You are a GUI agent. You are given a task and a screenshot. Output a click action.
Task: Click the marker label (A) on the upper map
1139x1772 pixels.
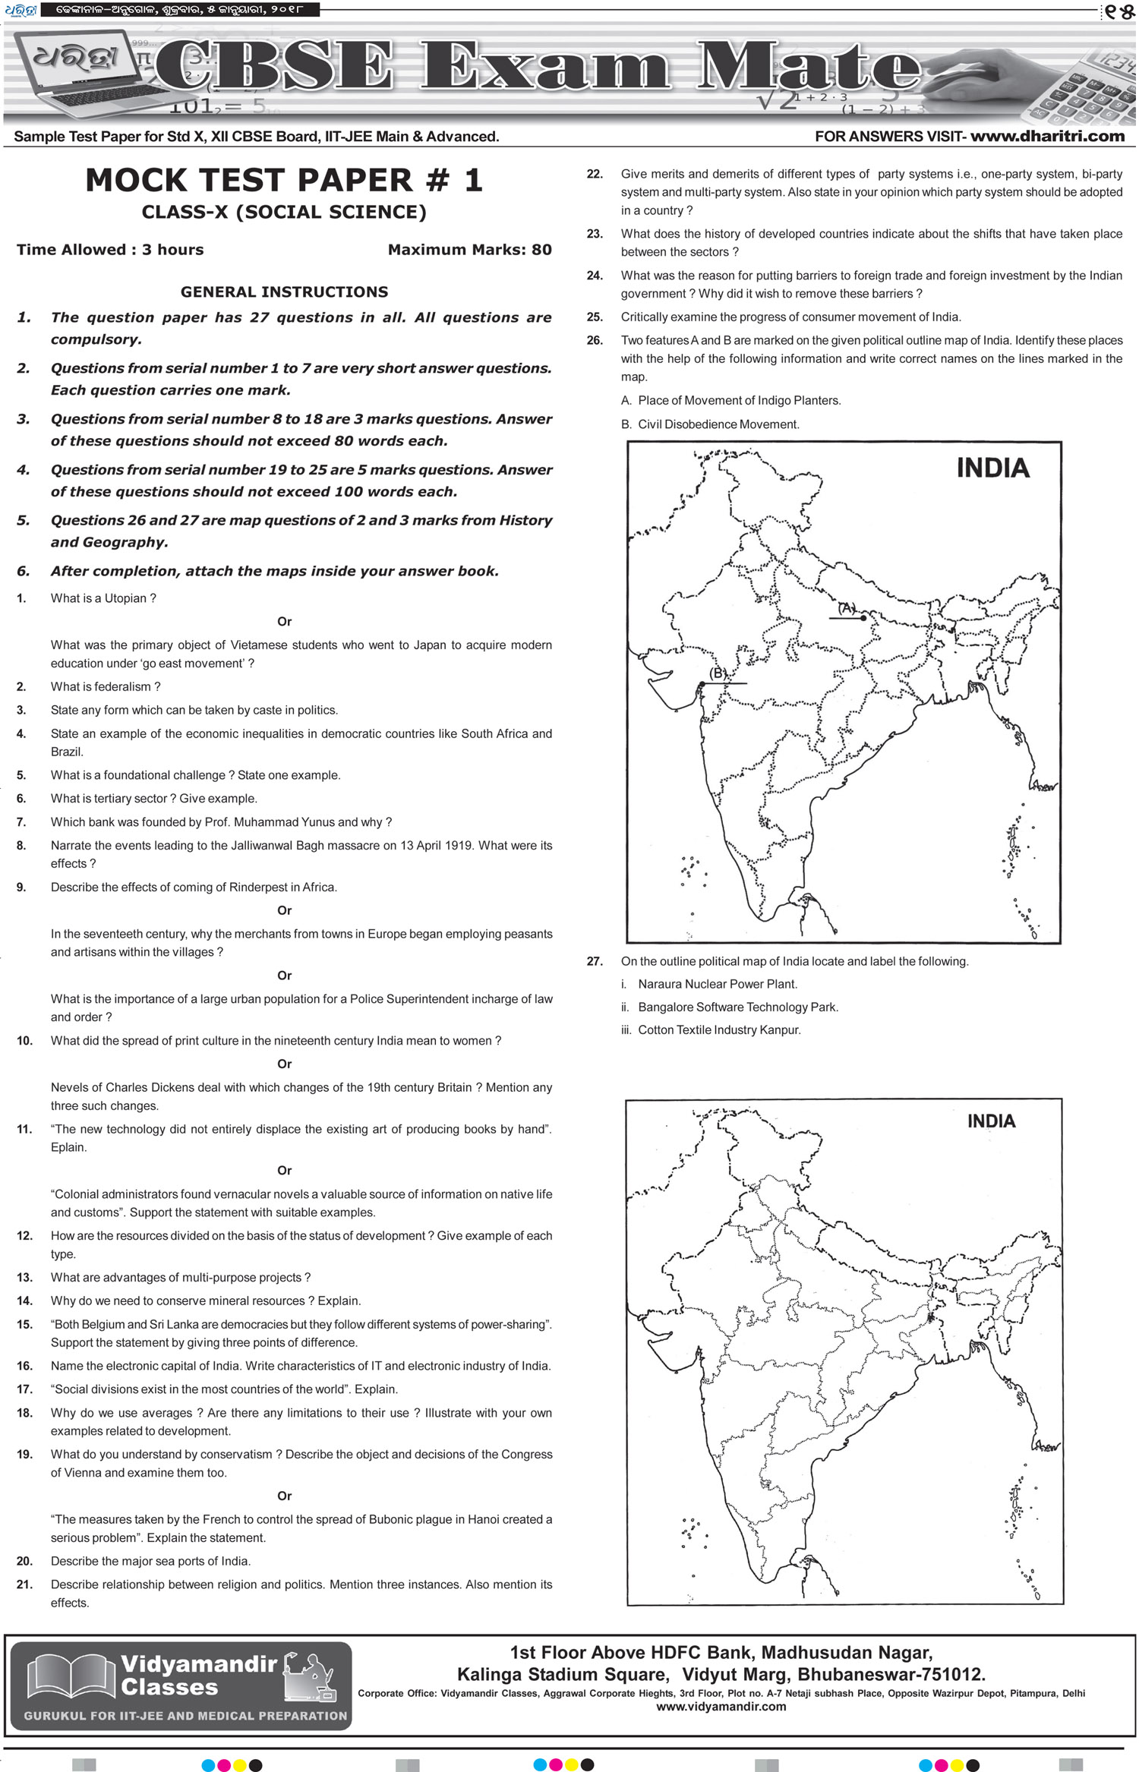click(x=847, y=608)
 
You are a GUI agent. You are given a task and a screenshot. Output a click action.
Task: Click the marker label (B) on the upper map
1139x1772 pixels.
click(x=718, y=673)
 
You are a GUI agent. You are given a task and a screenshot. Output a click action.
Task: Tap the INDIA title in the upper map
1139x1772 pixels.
click(x=992, y=468)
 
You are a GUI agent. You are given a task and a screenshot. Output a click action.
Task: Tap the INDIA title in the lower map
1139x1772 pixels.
click(x=991, y=1121)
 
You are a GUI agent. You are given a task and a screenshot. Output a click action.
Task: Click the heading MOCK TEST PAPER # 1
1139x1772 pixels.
click(x=284, y=181)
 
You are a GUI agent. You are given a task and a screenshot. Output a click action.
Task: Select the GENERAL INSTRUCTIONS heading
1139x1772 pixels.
click(x=284, y=292)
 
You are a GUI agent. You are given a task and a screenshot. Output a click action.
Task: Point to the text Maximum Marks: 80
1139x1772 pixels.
click(x=469, y=250)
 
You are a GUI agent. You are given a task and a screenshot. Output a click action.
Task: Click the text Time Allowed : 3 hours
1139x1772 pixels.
click(x=110, y=250)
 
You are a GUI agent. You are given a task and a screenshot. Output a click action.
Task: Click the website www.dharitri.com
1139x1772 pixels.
click(x=1047, y=137)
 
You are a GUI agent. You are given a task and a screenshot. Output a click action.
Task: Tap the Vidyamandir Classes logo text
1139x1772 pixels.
click(x=199, y=1676)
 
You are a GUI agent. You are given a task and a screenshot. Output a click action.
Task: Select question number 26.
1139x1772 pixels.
click(x=595, y=341)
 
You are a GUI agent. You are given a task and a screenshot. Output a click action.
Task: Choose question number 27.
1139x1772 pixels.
click(x=595, y=961)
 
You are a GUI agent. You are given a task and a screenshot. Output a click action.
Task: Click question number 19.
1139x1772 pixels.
click(x=24, y=1455)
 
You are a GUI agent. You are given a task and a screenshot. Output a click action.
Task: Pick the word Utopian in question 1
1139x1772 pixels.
click(x=125, y=598)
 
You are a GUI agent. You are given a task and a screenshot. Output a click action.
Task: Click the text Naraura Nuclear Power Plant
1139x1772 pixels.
click(x=718, y=984)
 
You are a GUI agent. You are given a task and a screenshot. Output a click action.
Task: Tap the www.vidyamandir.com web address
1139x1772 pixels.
click(x=721, y=1707)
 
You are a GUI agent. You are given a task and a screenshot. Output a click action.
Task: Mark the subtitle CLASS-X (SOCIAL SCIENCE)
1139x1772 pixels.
click(x=284, y=213)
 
